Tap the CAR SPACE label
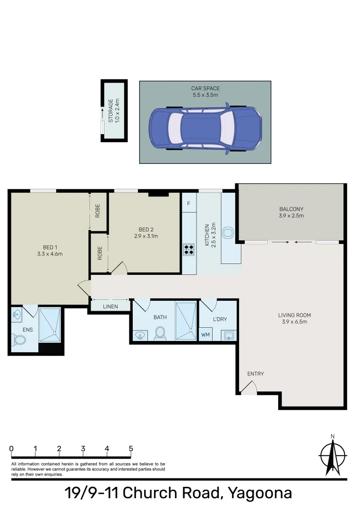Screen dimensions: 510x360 click(205, 88)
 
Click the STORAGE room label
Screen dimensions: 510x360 click(111, 110)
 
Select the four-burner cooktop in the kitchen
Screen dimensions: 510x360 click(189, 249)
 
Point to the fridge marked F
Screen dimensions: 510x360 click(189, 204)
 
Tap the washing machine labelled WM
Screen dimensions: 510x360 click(206, 335)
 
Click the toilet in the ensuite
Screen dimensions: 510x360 click(19, 340)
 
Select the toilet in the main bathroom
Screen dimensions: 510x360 click(160, 333)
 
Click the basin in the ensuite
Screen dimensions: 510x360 click(17, 313)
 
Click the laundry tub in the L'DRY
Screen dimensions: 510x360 click(228, 335)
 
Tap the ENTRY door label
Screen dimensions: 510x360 click(256, 374)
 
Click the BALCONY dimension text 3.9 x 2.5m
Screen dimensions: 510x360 click(291, 216)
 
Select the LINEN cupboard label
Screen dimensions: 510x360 click(110, 307)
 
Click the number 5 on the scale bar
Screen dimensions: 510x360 click(130, 449)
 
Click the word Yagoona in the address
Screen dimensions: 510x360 click(260, 493)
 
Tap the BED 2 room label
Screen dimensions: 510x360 click(146, 229)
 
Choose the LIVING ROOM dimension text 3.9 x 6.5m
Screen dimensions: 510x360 click(294, 322)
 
